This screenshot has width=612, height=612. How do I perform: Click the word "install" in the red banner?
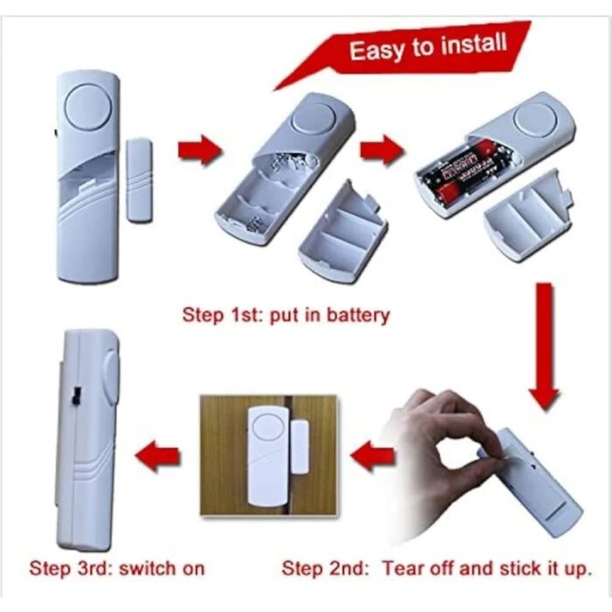[474, 44]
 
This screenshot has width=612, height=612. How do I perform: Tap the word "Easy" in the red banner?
[376, 51]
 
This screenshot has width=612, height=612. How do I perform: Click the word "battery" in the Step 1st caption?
[358, 315]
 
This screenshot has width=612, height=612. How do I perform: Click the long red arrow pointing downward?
[544, 346]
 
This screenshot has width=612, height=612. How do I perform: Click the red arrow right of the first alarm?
[200, 150]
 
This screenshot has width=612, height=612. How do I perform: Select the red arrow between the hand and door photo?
[372, 456]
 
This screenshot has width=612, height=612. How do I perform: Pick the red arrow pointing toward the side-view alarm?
[157, 456]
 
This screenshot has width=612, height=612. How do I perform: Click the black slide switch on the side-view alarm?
[75, 395]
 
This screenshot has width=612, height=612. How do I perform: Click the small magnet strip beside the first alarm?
[139, 181]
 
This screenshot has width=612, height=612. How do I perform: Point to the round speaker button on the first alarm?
[88, 107]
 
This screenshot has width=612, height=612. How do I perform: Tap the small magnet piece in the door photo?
[300, 448]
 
